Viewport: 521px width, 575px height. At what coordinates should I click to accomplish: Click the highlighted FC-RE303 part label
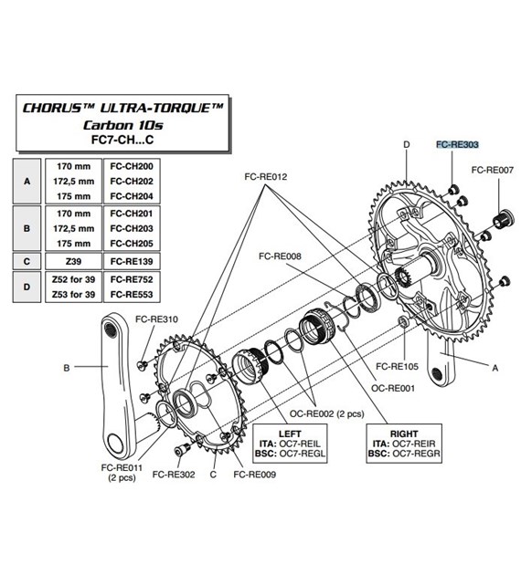pos(457,144)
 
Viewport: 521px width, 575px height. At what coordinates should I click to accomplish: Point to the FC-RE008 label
pos(281,257)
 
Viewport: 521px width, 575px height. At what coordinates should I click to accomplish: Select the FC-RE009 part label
pos(253,475)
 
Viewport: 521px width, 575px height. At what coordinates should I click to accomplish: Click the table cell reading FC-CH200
pos(130,169)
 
